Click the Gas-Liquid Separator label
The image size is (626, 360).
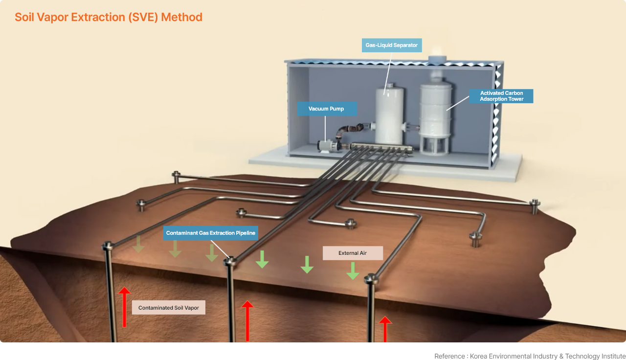[392, 45]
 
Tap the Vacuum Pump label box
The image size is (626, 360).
[327, 109]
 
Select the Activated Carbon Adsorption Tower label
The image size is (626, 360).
[501, 96]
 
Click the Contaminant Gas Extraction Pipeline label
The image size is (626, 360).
[211, 233]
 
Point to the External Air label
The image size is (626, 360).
[353, 253]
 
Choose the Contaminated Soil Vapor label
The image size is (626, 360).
[169, 308]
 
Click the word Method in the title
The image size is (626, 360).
[181, 17]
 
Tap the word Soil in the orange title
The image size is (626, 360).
[24, 17]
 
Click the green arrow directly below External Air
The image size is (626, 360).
[353, 271]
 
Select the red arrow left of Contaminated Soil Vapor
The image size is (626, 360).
[124, 307]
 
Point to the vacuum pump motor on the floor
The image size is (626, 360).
[329, 146]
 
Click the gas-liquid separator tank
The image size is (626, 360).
[389, 115]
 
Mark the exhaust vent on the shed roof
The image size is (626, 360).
[437, 59]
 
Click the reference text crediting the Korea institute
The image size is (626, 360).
[530, 356]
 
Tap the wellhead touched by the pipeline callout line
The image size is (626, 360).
[230, 262]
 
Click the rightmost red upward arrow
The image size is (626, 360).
[385, 329]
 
